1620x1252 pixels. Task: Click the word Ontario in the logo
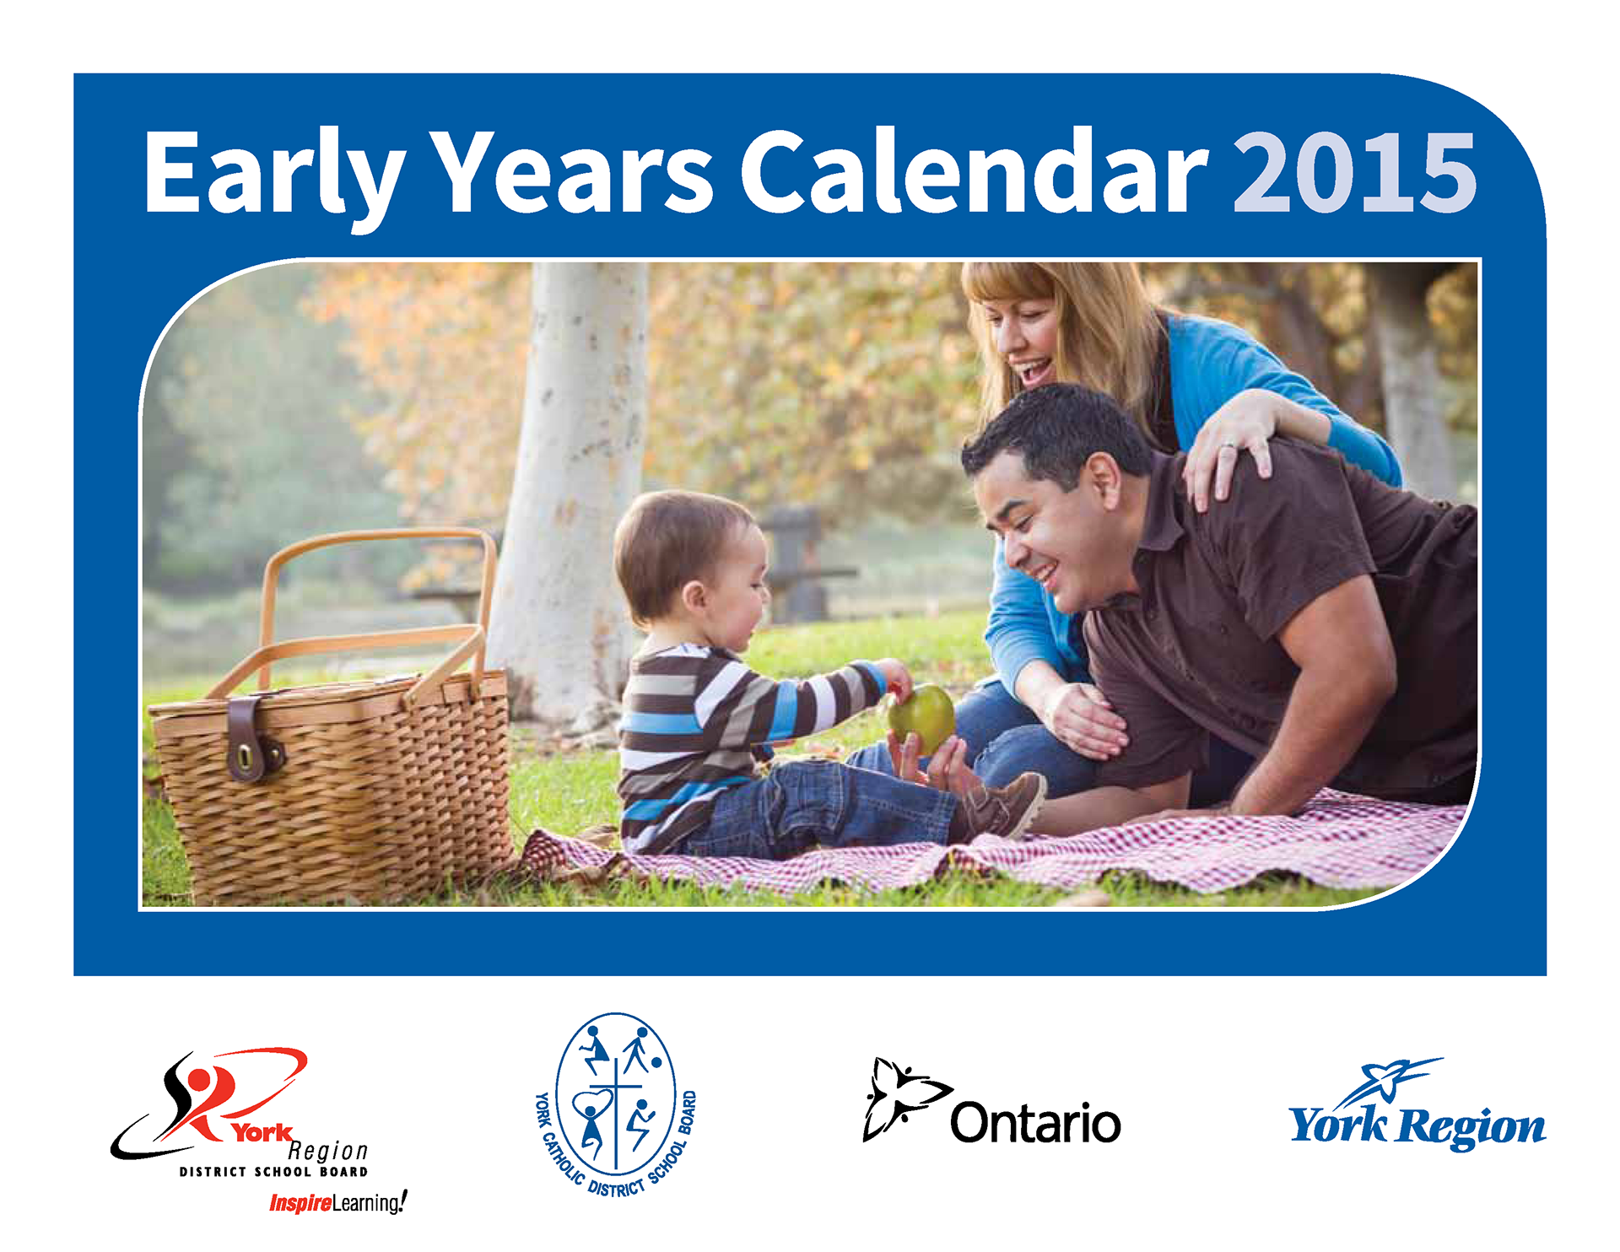(x=1035, y=1122)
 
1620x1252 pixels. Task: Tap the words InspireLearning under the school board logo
(x=337, y=1202)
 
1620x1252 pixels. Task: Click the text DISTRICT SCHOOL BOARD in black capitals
(x=273, y=1172)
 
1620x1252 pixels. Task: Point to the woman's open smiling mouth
(x=1034, y=370)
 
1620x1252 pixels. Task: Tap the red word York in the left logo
(x=262, y=1132)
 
